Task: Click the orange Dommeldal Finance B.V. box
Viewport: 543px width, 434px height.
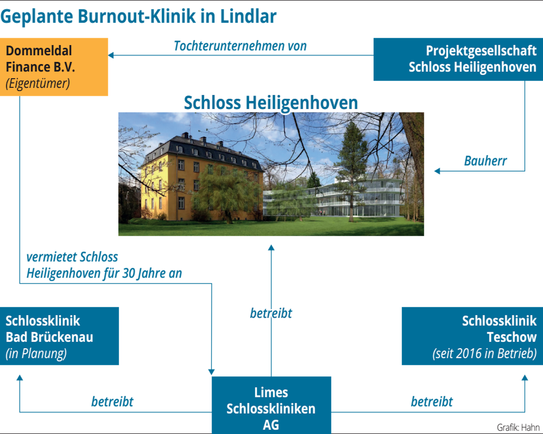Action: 54,67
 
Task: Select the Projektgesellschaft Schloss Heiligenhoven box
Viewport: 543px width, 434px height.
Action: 458,59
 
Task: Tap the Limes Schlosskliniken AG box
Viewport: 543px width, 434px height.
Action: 271,405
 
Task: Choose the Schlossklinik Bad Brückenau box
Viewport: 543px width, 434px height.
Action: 59,336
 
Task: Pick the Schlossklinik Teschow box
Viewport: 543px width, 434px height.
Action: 472,336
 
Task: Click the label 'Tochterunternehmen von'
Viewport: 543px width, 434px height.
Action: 240,46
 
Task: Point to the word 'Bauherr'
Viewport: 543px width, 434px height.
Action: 485,161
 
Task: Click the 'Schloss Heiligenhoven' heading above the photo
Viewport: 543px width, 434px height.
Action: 271,103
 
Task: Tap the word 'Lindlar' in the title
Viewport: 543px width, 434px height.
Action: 248,16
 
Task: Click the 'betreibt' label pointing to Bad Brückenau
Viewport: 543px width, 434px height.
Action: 112,402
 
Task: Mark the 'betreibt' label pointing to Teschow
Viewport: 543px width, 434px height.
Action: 432,402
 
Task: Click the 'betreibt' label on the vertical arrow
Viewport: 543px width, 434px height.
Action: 271,313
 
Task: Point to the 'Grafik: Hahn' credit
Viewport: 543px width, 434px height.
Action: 518,427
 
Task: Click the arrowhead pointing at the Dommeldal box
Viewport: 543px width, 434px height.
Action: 111,55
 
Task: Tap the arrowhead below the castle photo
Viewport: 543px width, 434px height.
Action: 271,247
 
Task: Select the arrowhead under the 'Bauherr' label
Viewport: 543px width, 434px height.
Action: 437,171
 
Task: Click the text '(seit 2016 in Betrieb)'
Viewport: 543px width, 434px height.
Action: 484,353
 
